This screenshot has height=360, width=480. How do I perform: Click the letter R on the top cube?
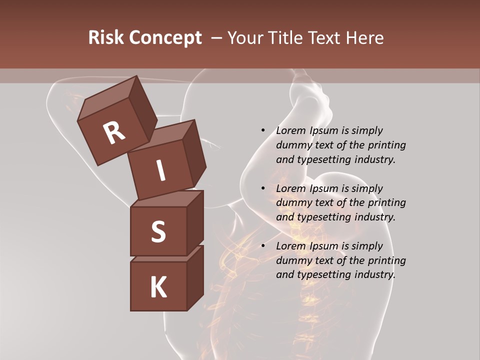point(114,133)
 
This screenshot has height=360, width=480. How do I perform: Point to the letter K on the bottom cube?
point(158,287)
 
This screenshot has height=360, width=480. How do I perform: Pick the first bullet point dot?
point(263,131)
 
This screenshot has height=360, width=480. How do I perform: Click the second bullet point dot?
point(263,188)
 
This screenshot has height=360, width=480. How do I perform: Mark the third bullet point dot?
point(263,246)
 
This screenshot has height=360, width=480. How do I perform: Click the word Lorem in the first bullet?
point(290,131)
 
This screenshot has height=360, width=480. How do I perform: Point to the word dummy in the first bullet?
point(292,145)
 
